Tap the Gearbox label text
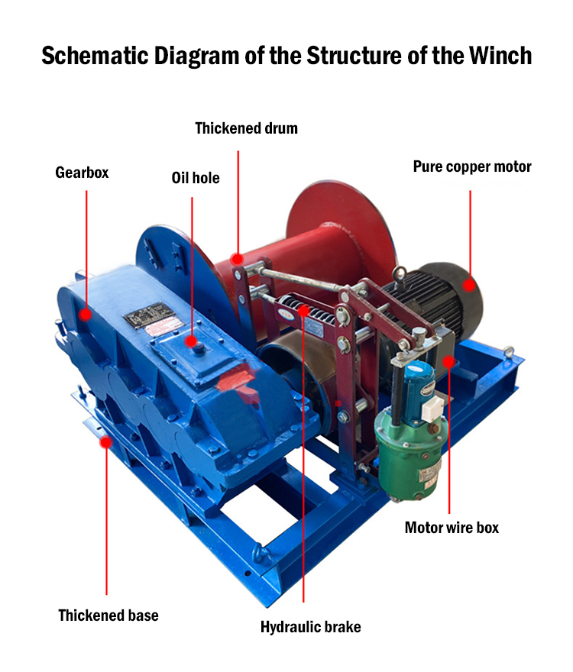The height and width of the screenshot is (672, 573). coord(82,173)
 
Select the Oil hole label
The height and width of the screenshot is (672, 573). coord(195,178)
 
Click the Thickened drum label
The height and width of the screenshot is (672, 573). coord(246,128)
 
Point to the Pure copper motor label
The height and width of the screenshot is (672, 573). coord(472,166)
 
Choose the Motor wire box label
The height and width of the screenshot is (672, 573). coord(452,528)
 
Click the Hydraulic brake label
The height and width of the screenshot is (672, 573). coord(310,628)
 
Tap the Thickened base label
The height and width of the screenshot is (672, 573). coord(108,615)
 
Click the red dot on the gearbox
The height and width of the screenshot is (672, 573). coord(86,314)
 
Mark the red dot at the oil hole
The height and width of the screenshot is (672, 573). coord(192,343)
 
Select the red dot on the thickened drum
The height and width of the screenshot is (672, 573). coord(238,258)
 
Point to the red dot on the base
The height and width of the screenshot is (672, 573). coord(106,441)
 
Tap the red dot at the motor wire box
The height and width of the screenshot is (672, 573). coord(449,360)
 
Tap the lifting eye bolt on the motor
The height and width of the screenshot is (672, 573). coord(397,274)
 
